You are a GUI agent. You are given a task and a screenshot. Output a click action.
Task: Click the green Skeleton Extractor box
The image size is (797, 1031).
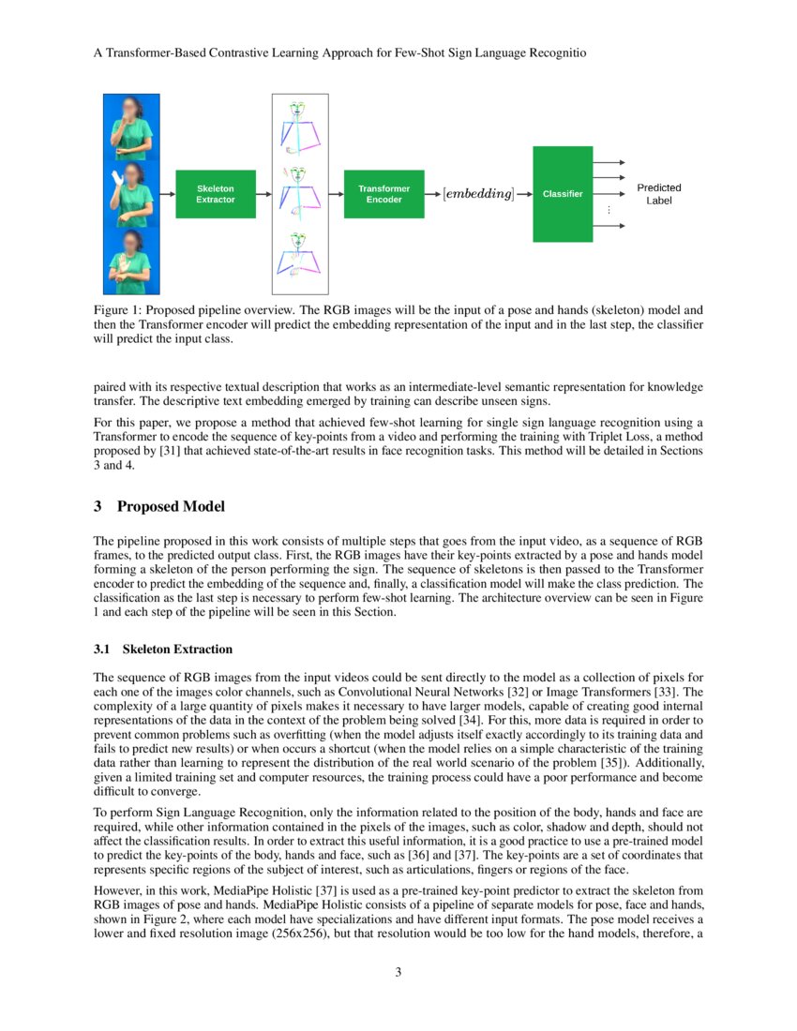click(x=216, y=194)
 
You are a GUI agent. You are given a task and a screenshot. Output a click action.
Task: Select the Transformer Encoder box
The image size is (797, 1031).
click(x=384, y=194)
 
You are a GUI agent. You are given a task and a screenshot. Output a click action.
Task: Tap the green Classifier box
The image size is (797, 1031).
click(x=563, y=194)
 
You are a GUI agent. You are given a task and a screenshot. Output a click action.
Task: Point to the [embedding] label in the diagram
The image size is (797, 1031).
click(x=478, y=194)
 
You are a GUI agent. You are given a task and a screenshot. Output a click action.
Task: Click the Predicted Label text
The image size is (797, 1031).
click(x=659, y=194)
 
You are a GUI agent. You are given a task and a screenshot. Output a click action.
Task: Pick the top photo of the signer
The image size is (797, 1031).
click(x=131, y=127)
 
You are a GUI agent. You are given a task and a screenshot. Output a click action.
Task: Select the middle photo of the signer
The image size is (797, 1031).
click(x=131, y=194)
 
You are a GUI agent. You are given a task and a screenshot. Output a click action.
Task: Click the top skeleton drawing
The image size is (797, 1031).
click(x=299, y=127)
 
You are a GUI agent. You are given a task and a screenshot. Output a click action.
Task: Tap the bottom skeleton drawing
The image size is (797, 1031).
click(x=299, y=258)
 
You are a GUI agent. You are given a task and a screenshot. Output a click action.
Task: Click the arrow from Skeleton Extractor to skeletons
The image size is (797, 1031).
click(x=263, y=194)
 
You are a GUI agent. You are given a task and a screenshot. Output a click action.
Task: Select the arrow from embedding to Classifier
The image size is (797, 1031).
click(x=524, y=194)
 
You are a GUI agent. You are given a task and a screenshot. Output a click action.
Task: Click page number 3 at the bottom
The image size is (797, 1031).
click(x=398, y=972)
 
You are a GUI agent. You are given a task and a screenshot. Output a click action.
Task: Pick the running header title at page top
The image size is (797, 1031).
click(x=340, y=54)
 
